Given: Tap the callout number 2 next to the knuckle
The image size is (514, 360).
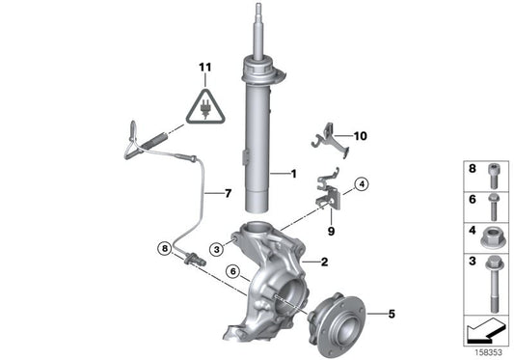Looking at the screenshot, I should tap(323, 262).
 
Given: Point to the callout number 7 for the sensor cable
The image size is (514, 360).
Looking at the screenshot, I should tap(228, 194).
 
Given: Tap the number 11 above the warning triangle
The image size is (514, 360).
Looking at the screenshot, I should tap(203, 67).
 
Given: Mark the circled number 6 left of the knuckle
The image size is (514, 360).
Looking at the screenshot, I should tap(230, 273).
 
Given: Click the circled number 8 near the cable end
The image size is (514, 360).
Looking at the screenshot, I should tap(166, 248).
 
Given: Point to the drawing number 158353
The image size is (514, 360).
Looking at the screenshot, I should tap(490, 351).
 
